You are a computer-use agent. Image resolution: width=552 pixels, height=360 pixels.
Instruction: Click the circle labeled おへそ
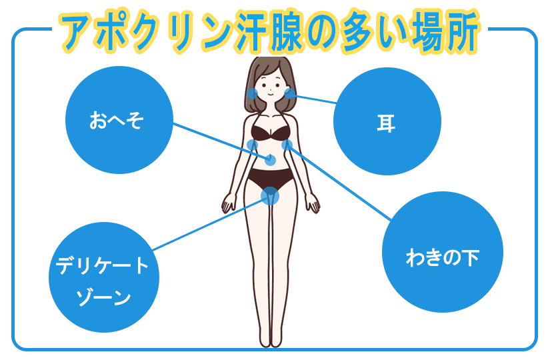[x=118, y=121]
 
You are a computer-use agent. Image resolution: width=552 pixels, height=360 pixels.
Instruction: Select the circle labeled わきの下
[x=442, y=256]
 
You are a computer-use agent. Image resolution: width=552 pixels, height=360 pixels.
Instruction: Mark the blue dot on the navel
[x=271, y=160]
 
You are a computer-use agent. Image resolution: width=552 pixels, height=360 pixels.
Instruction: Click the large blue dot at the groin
[x=269, y=195]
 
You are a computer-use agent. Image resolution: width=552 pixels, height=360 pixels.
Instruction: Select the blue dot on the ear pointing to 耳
[x=290, y=93]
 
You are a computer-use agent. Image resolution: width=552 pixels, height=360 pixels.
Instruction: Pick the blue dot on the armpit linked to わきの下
[x=287, y=145]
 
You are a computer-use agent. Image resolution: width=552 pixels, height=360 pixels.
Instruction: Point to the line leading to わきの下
[x=340, y=183]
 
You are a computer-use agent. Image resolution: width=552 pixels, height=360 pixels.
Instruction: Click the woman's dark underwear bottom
[x=270, y=179]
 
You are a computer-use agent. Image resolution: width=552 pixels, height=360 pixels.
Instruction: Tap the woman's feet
[x=270, y=341]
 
